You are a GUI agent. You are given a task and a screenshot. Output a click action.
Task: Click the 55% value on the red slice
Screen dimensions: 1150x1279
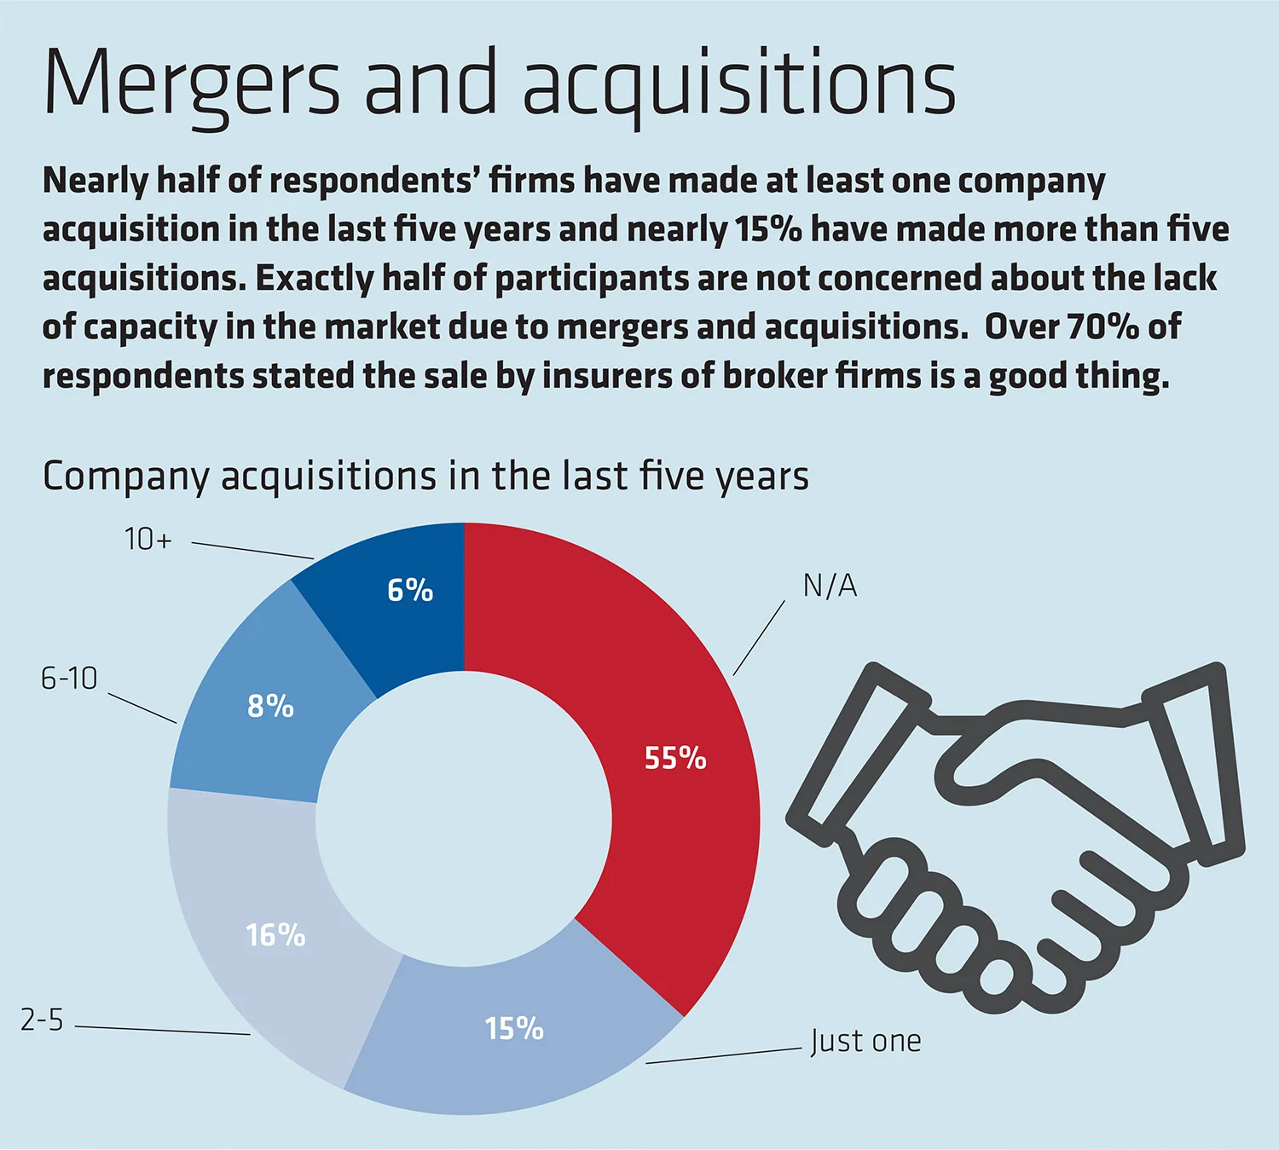pos(675,758)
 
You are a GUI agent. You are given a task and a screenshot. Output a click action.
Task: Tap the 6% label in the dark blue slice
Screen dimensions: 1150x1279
pos(410,590)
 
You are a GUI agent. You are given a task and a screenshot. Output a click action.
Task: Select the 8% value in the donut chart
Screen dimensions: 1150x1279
pos(270,706)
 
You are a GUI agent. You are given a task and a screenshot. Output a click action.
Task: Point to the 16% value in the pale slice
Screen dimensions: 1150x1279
pos(275,935)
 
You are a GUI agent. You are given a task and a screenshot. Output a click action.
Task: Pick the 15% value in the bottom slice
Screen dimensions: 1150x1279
pos(514,1029)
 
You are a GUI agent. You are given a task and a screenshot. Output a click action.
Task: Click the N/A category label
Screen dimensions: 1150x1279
pos(830,586)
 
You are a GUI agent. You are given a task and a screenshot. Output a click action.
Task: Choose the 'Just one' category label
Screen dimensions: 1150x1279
pos(865,1041)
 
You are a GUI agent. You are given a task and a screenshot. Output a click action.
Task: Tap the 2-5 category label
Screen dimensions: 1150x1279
pos(42,1020)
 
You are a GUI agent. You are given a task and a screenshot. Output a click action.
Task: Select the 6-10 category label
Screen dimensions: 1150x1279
pos(69,679)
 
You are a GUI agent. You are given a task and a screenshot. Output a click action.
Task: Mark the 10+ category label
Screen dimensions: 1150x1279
pos(148,539)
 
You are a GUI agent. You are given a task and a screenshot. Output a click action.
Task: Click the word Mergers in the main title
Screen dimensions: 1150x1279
pos(192,85)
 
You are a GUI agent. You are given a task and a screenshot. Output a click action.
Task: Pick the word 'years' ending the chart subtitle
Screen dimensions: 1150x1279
pos(762,477)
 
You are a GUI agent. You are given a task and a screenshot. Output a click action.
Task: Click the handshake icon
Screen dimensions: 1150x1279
pos(1015,835)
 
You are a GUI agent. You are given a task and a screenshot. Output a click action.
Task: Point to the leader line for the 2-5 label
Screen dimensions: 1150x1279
pos(162,1030)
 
